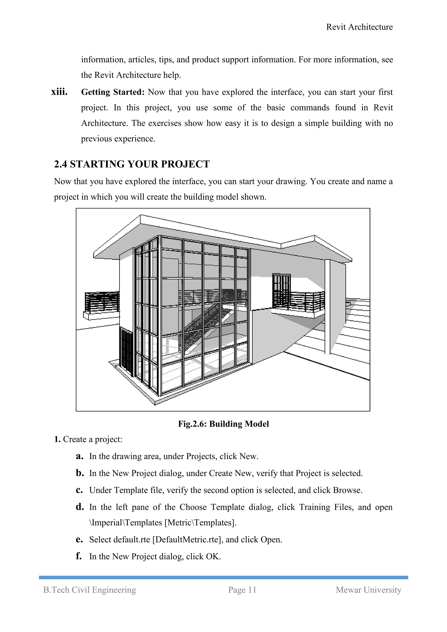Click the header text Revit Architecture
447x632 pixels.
[x=359, y=27]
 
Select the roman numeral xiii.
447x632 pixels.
[x=59, y=92]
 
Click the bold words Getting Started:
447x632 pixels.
[x=113, y=92]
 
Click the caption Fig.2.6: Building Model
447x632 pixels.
[x=223, y=424]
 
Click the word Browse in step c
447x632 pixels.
[x=347, y=490]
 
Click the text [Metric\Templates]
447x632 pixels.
[x=200, y=522]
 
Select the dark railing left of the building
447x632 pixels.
[x=102, y=302]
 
